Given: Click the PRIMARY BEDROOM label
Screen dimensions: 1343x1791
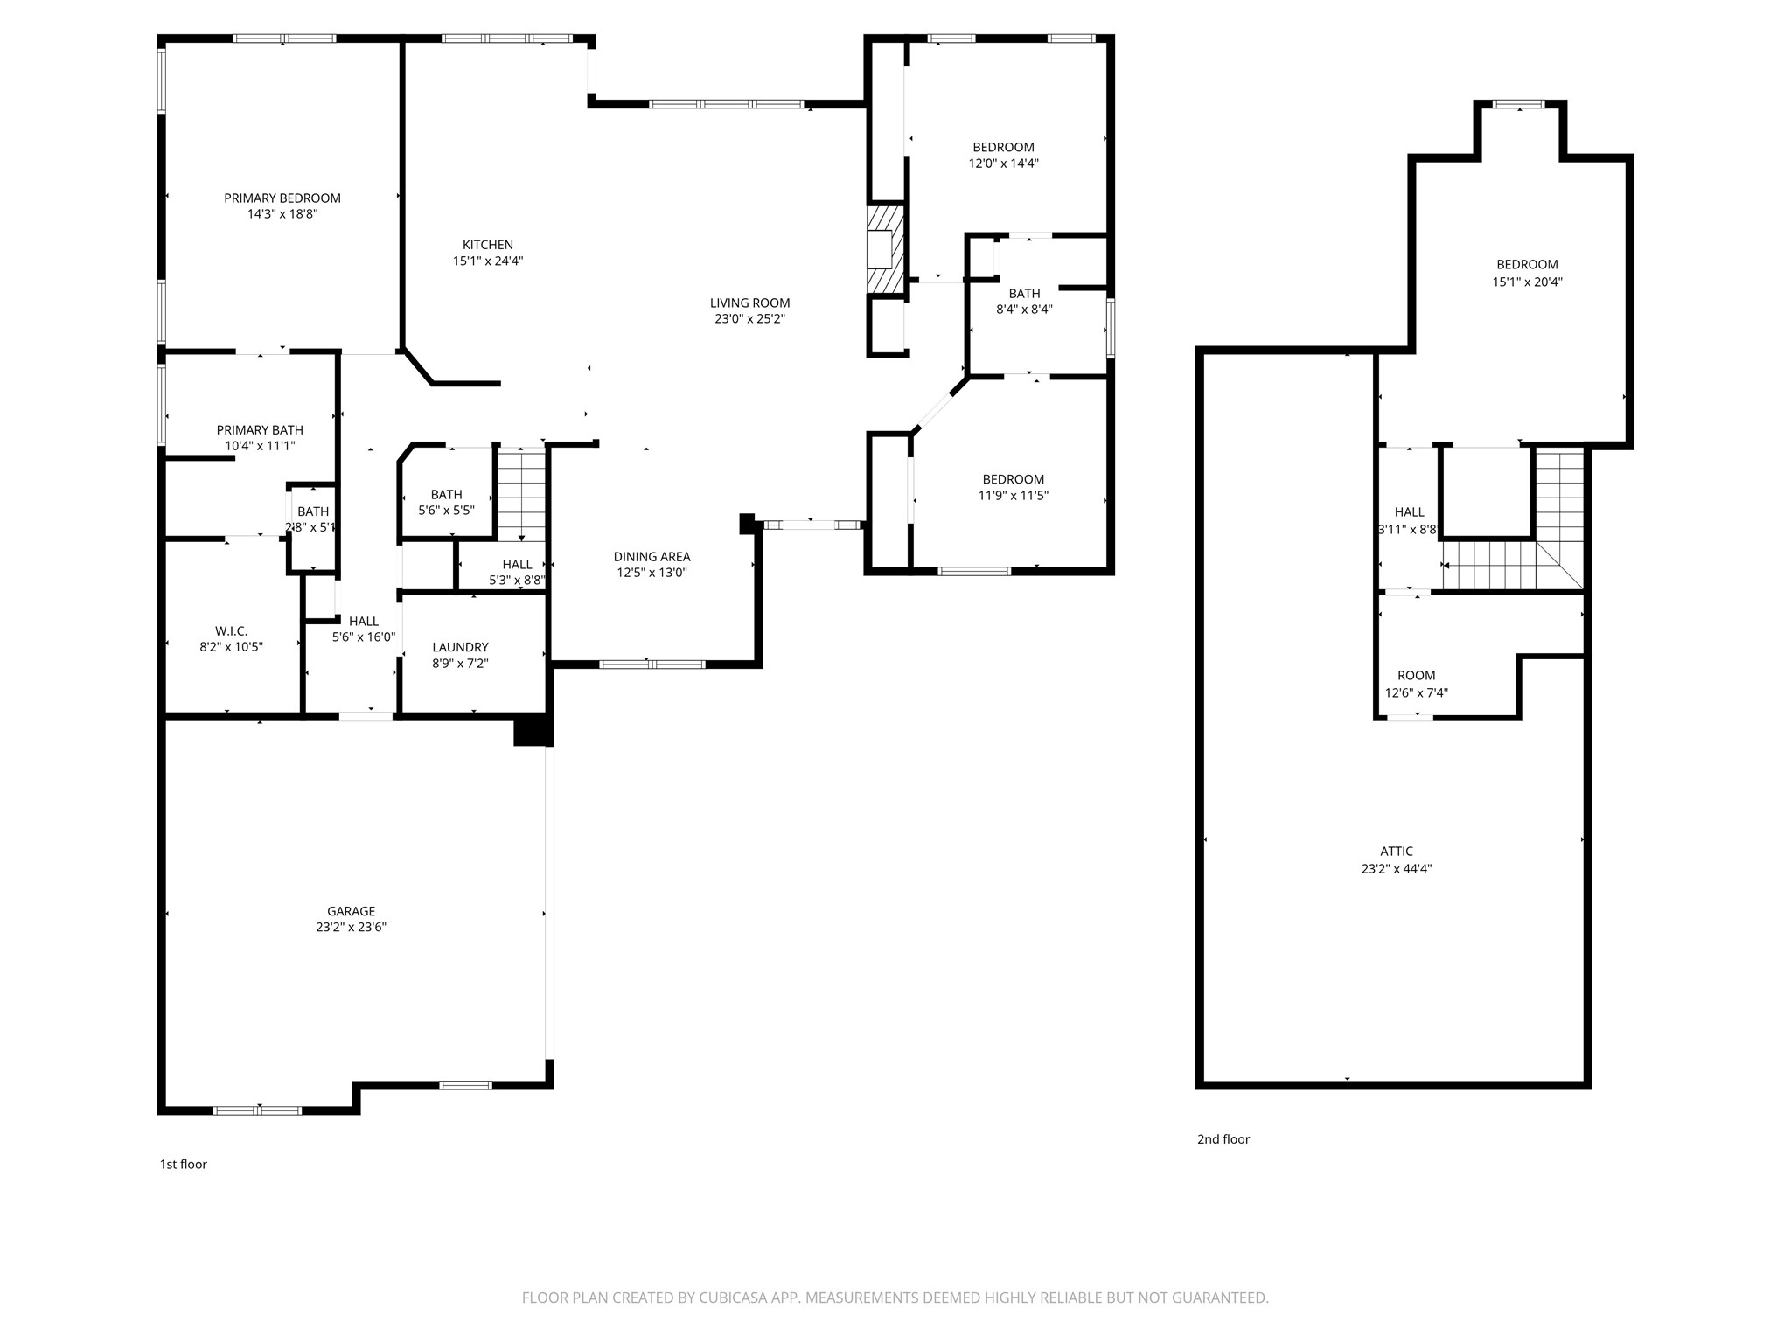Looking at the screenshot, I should (282, 198).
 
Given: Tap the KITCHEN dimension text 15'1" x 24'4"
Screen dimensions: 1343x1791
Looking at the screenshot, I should (487, 261).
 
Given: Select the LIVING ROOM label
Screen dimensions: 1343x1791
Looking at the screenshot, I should (749, 303).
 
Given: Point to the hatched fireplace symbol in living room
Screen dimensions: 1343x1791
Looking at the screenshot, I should (885, 249).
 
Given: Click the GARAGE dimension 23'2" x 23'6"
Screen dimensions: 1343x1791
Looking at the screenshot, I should (351, 928).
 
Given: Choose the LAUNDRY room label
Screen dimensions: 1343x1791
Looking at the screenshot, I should (460, 647).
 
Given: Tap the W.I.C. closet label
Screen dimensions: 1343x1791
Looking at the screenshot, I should (231, 631).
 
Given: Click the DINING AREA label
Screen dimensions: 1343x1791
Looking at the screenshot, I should (652, 557).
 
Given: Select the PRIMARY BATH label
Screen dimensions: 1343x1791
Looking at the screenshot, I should (260, 430).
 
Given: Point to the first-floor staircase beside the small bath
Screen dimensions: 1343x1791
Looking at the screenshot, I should (521, 494).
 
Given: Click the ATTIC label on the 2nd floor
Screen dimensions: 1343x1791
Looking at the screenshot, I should (1397, 852).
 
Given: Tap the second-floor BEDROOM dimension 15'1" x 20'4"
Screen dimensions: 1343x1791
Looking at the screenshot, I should (1527, 282).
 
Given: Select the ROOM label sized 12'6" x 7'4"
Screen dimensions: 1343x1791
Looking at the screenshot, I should (1416, 676).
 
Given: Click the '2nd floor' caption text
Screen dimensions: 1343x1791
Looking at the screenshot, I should (1223, 1139).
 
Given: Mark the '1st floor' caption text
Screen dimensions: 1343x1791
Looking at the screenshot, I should (183, 1165).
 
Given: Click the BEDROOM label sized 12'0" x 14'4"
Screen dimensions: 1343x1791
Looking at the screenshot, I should (1003, 148).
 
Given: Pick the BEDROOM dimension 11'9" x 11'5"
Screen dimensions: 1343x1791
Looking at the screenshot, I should (1013, 496).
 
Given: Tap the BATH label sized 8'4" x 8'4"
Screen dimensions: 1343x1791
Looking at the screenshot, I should (1024, 294).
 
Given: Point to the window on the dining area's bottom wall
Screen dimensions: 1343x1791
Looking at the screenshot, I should (652, 665).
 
